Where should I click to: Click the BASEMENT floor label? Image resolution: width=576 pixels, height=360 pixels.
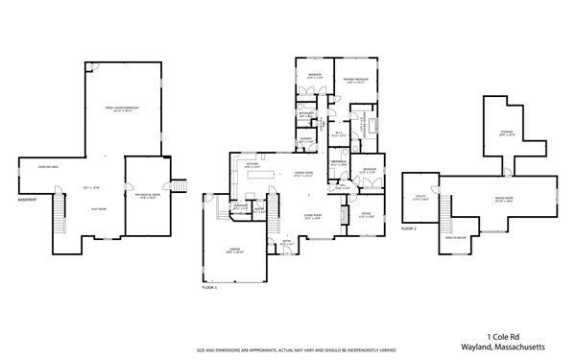pos(27,201)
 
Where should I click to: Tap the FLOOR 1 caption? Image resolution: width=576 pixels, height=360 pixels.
pos(210,287)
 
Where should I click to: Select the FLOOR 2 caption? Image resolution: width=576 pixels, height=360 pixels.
pos(409,229)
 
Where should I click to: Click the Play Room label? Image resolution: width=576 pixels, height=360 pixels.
pos(98,207)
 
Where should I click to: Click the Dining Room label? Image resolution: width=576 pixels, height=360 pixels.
pos(305,173)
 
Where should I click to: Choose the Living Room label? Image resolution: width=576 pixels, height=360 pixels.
pos(313,216)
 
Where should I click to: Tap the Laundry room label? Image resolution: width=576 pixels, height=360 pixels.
pos(305,141)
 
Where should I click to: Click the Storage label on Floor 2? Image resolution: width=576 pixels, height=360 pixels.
pos(506,133)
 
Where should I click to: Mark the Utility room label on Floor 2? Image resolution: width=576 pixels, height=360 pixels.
pos(420,199)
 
